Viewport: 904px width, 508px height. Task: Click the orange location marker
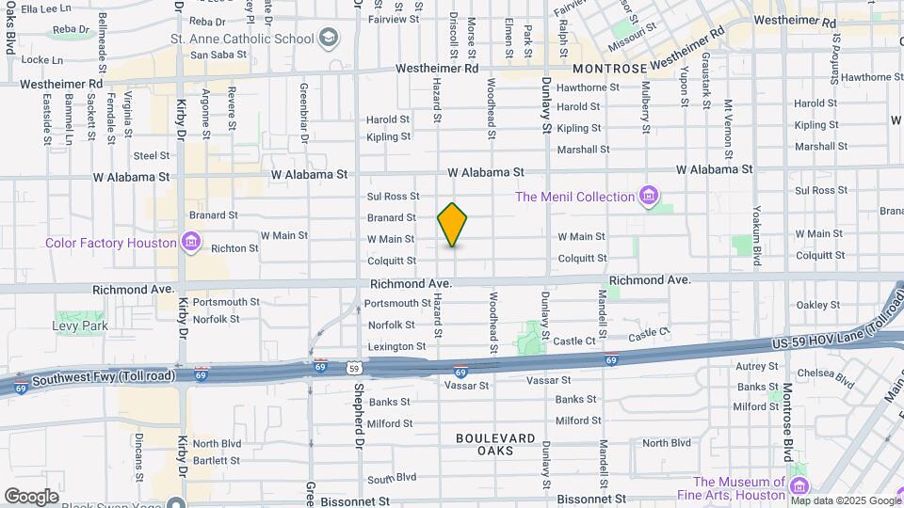pyautogui.click(x=453, y=225)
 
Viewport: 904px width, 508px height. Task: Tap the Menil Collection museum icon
pyautogui.click(x=647, y=197)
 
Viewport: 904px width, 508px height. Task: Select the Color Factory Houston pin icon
pyautogui.click(x=191, y=243)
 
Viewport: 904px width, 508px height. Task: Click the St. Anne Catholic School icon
pyautogui.click(x=328, y=39)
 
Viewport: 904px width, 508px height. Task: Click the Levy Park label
pyautogui.click(x=80, y=325)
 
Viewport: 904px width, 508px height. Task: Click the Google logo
pyautogui.click(x=31, y=496)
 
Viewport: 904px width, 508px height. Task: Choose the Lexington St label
pyautogui.click(x=389, y=347)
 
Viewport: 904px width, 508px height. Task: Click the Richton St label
pyautogui.click(x=234, y=248)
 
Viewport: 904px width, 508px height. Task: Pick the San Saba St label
pyautogui.click(x=218, y=55)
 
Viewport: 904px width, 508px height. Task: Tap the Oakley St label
pyautogui.click(x=816, y=305)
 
